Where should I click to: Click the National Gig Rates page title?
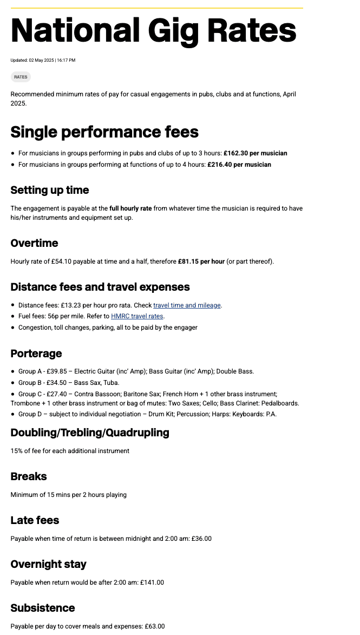click(x=153, y=30)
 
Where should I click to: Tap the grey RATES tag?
click(x=21, y=77)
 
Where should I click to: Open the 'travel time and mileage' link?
click(x=187, y=305)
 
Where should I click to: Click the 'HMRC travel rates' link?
click(x=137, y=316)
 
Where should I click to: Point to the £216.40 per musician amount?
click(x=239, y=165)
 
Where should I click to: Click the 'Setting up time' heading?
click(x=50, y=190)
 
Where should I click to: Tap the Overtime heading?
click(x=34, y=243)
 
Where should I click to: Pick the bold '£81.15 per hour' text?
click(x=201, y=261)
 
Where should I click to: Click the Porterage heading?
click(x=36, y=353)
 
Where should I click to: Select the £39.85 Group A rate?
click(x=58, y=371)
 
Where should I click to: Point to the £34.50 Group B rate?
click(x=58, y=383)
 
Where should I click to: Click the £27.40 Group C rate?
click(x=58, y=394)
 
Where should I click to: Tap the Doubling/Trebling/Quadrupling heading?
click(x=90, y=433)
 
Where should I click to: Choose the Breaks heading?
click(x=29, y=476)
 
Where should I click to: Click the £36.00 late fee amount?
click(x=201, y=539)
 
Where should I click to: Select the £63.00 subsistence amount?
click(x=154, y=626)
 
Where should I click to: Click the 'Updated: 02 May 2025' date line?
click(x=43, y=60)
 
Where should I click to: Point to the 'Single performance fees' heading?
click(x=104, y=132)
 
